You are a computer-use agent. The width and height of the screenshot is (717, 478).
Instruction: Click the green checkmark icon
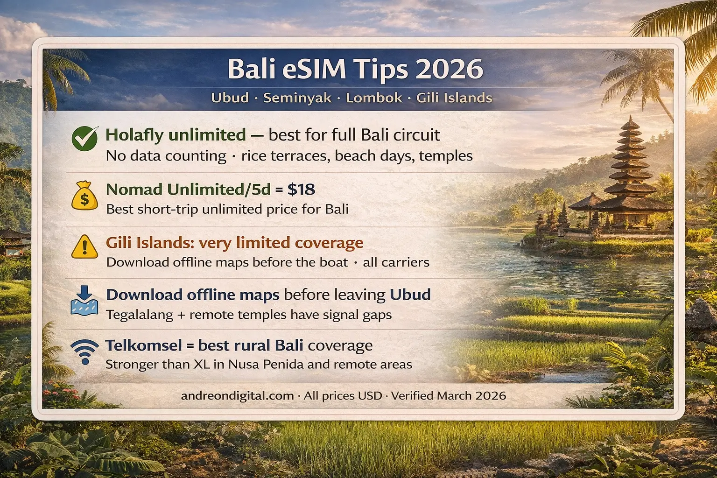click(x=85, y=139)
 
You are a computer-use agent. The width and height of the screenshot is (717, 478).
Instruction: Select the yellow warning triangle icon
click(x=84, y=247)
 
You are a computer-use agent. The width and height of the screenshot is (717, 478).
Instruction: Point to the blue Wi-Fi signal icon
click(x=84, y=351)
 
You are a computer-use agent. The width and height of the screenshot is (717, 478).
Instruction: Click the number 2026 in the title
click(x=449, y=69)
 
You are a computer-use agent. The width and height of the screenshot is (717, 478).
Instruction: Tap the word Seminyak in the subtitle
click(x=297, y=98)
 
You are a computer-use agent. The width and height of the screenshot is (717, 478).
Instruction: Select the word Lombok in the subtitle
click(x=374, y=98)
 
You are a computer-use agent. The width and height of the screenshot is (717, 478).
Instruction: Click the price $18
click(x=301, y=190)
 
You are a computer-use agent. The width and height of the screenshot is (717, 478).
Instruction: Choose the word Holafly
click(x=134, y=135)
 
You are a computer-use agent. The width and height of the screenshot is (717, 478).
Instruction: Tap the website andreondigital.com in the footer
click(x=237, y=396)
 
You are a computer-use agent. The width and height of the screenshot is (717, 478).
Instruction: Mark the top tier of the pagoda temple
click(x=631, y=122)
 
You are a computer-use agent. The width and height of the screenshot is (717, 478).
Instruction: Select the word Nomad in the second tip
click(x=134, y=190)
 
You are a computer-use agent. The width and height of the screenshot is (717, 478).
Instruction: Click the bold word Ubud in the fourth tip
click(x=410, y=295)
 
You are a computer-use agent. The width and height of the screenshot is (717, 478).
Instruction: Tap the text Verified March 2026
click(x=448, y=396)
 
